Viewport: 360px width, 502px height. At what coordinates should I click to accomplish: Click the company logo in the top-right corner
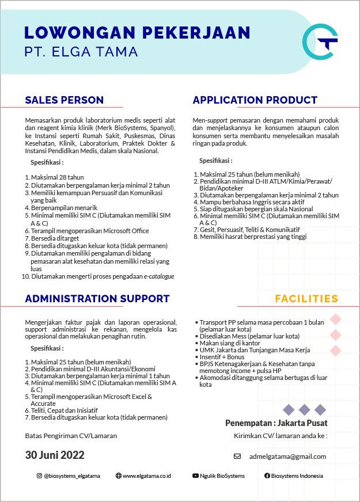click(x=319, y=41)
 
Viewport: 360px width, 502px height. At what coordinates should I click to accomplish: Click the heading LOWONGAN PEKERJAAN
click(x=137, y=32)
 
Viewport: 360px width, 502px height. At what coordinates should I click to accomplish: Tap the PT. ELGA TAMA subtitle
click(x=81, y=52)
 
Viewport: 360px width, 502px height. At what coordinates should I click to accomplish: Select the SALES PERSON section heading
click(x=64, y=100)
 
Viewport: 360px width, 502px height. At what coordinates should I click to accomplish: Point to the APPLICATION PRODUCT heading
click(x=255, y=100)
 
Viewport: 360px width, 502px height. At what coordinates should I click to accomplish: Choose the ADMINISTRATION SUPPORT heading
click(x=97, y=299)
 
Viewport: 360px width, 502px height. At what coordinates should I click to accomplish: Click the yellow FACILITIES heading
click(x=306, y=299)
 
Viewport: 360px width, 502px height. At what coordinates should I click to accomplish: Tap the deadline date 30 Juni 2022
click(x=55, y=455)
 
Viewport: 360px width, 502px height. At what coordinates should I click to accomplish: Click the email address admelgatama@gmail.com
click(x=287, y=457)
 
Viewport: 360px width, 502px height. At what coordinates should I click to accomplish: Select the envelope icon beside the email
click(x=237, y=457)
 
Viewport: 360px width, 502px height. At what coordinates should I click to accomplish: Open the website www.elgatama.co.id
click(x=146, y=476)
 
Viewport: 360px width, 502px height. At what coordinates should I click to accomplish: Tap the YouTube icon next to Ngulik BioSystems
click(x=196, y=476)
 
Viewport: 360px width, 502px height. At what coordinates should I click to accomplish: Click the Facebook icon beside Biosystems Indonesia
click(x=267, y=476)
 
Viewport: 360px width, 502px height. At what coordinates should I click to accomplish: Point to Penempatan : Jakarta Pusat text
click(x=276, y=423)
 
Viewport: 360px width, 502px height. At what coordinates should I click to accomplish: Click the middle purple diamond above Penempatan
click(x=304, y=410)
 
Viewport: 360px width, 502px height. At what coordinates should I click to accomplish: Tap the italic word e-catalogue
click(x=159, y=276)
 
